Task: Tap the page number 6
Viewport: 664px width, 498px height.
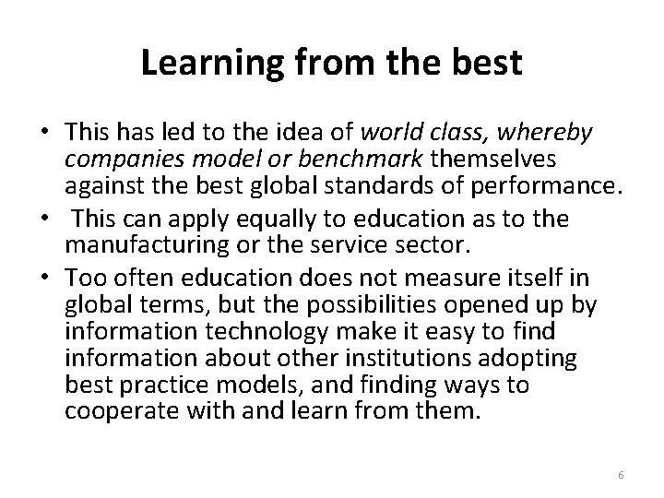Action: point(621,474)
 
